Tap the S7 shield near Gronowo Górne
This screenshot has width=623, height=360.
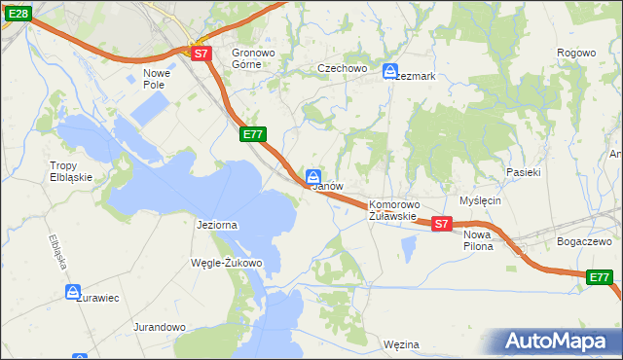tap(201, 54)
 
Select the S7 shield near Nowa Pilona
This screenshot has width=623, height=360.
tap(441, 224)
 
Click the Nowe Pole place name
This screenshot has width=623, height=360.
tap(156, 78)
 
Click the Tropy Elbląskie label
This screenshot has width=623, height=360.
tap(71, 171)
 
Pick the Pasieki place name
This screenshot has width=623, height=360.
tap(523, 171)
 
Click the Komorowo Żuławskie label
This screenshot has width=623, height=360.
tap(393, 210)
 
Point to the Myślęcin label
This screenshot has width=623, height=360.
tap(480, 200)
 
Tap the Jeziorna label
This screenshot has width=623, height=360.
tap(217, 225)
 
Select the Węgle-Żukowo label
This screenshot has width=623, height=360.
tap(229, 263)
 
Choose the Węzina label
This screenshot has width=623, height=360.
tap(401, 344)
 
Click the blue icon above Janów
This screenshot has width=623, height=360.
tap(313, 176)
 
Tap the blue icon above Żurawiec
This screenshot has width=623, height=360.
tap(74, 291)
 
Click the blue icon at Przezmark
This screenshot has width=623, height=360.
tap(390, 71)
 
